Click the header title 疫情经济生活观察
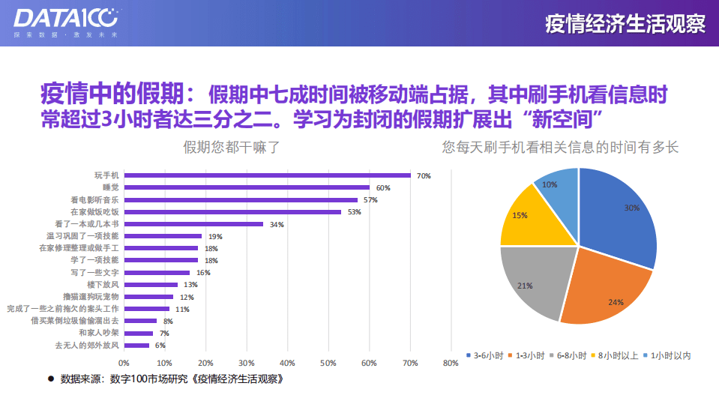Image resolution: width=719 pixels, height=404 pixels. (x=625, y=23)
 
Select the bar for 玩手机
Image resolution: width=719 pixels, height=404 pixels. (x=267, y=175)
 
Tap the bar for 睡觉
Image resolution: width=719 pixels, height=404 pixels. (x=247, y=187)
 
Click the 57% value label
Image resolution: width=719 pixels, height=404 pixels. (x=370, y=200)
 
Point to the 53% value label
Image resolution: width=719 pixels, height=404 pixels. (x=354, y=212)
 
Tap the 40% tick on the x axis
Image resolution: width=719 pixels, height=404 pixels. (x=287, y=364)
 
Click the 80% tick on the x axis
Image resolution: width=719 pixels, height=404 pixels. (x=451, y=364)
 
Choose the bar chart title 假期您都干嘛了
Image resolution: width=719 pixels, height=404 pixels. (x=232, y=148)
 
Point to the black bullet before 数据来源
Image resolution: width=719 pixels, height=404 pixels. (x=50, y=379)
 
